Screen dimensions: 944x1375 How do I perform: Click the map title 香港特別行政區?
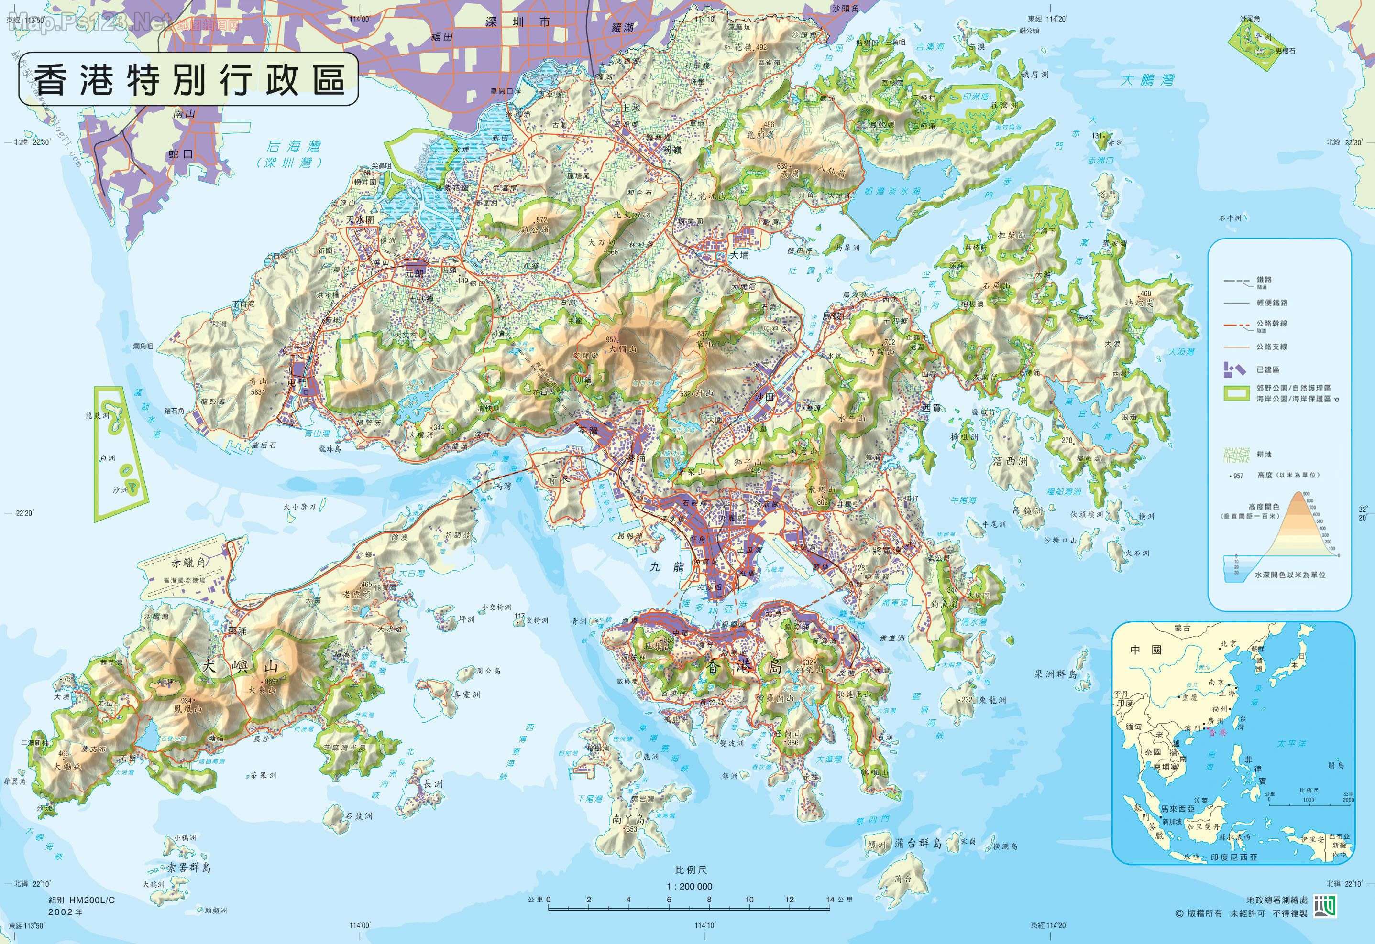point(188,79)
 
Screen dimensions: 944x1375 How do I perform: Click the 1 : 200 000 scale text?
point(689,886)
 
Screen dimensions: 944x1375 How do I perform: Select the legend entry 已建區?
point(1268,369)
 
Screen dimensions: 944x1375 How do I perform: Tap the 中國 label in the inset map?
point(1146,650)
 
